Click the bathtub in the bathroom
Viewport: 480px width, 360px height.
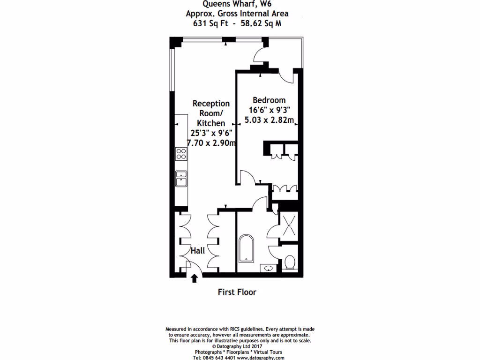(246, 249)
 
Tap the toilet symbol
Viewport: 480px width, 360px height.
(290, 262)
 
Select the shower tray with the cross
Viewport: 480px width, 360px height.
(290, 226)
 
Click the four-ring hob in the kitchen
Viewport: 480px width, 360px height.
(181, 153)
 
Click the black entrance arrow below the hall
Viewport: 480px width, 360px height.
(194, 279)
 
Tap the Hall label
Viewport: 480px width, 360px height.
(197, 251)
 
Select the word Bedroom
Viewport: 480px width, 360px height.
(269, 100)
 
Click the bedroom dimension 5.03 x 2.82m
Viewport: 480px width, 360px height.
(270, 120)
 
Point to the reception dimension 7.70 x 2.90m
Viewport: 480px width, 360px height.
(211, 142)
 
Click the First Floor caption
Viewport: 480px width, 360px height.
(237, 292)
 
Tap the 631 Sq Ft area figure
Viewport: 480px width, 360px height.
(207, 23)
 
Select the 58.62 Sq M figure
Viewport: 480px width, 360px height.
(261, 23)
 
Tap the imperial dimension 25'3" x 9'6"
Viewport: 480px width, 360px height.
(211, 133)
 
